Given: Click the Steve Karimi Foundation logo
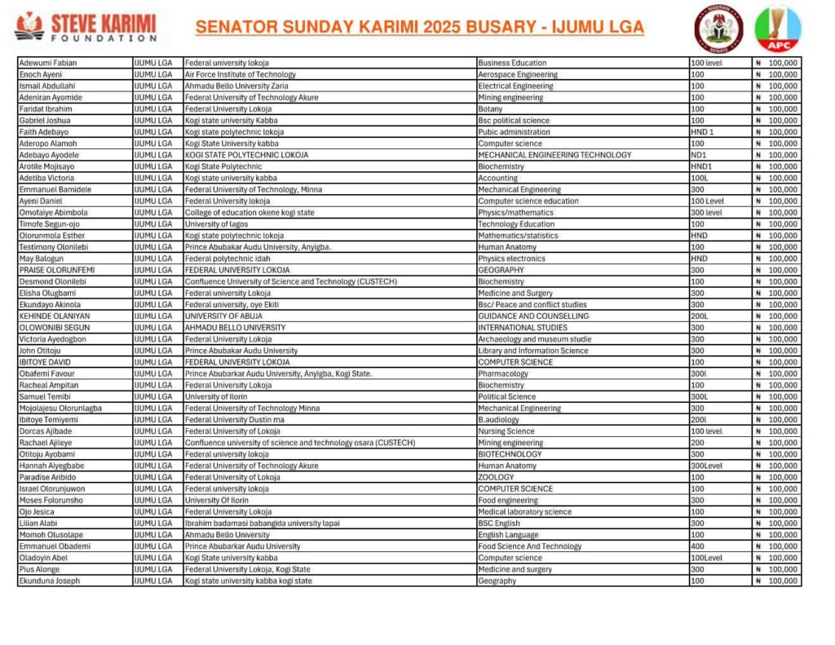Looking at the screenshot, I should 85,26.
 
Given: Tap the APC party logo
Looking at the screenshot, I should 777,29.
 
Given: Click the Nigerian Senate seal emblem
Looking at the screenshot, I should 718,26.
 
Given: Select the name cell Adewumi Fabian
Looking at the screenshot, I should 44,63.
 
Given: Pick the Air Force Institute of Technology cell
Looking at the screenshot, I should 240,74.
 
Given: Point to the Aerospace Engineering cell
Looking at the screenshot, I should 518,74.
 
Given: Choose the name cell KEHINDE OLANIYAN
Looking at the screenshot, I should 55,316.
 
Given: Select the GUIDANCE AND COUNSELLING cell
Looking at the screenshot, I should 533,316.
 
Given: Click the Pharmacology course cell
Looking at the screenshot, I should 503,373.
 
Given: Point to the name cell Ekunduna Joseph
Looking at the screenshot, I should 50,581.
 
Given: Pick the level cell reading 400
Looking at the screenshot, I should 697,546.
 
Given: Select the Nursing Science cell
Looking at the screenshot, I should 506,431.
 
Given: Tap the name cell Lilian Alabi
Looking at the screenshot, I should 40,524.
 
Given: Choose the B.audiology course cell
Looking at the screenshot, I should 498,420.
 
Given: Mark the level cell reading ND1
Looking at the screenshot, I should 698,155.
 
